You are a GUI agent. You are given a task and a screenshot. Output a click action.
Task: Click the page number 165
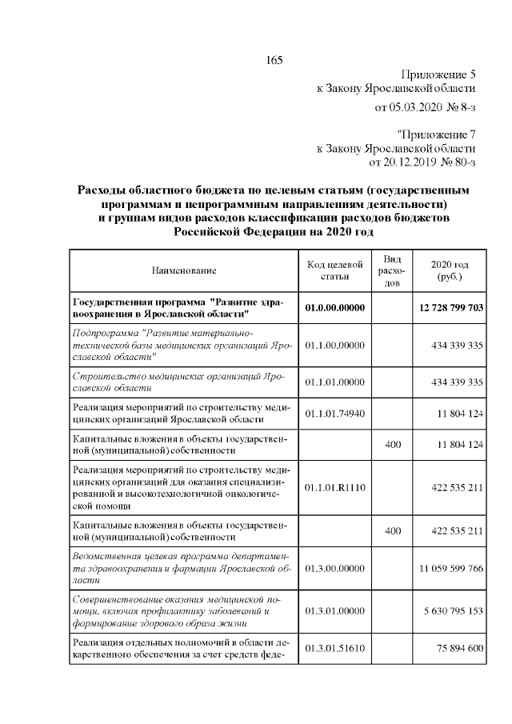pos(274,61)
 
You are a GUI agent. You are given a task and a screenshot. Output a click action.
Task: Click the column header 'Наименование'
pos(184,271)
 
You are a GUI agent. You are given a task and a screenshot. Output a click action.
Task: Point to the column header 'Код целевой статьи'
pos(335,271)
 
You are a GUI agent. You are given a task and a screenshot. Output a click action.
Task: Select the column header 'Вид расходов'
pos(392,271)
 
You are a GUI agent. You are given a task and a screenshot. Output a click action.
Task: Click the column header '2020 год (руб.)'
pos(449,271)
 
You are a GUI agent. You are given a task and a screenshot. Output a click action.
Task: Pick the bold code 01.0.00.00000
pos(335,308)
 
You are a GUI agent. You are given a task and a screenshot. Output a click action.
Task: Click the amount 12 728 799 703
pos(450,308)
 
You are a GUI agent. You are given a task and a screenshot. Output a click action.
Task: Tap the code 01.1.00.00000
pos(335,346)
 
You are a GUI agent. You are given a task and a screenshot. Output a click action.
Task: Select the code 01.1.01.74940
pos(335,413)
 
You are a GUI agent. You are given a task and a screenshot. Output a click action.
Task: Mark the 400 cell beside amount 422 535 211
pos(392,530)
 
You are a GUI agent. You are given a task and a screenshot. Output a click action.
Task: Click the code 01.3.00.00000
pos(335,568)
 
